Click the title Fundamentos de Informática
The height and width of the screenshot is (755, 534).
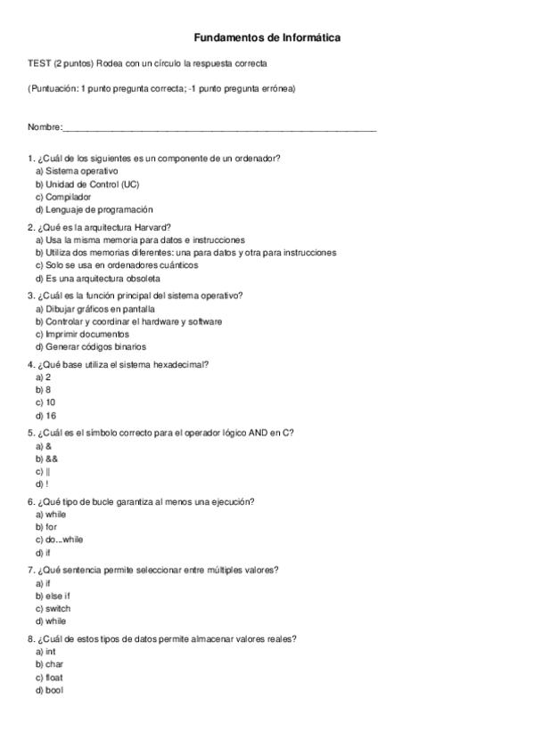pos(267,38)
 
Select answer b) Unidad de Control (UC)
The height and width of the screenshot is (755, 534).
pos(86,183)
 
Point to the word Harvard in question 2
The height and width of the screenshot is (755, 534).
pos(149,226)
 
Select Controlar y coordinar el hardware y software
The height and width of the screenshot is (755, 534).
pos(128,321)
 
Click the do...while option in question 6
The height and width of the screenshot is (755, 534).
pos(59,540)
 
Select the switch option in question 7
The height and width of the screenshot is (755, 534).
pos(53,608)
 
